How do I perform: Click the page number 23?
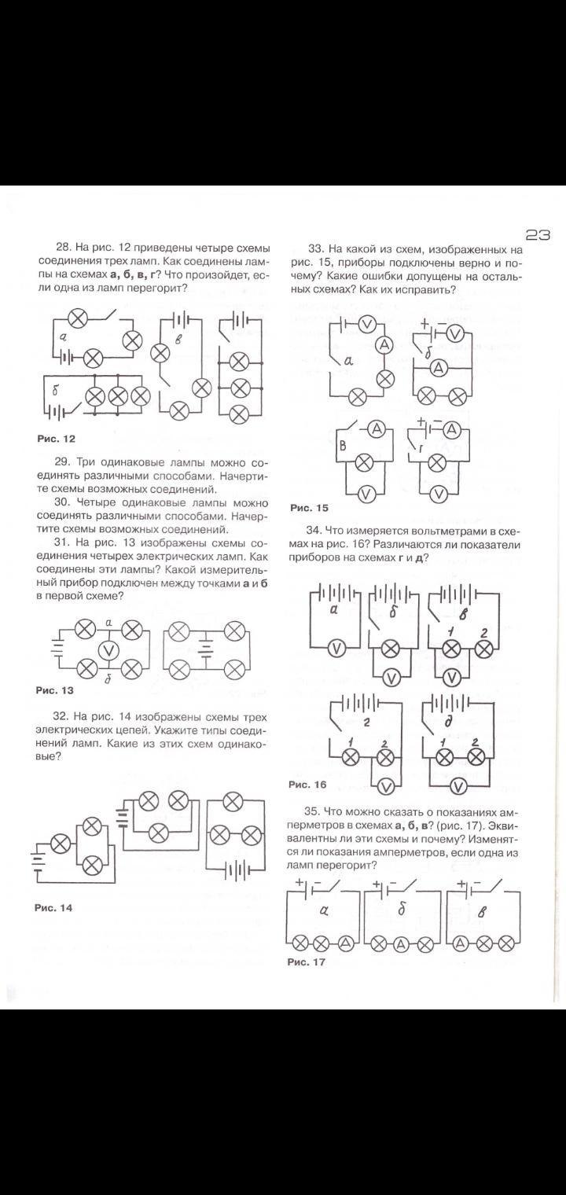tap(537, 234)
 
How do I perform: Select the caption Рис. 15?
tap(309, 508)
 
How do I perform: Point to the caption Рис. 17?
tap(307, 962)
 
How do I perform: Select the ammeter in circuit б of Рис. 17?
tap(402, 943)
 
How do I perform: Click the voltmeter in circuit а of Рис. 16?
tap(336, 648)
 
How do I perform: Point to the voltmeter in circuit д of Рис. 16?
tap(460, 786)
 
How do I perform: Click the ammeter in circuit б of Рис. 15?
tap(439, 366)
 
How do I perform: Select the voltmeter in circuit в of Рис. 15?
tap(364, 494)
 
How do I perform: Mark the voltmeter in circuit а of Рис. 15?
tap(366, 324)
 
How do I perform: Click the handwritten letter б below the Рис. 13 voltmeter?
tap(108, 678)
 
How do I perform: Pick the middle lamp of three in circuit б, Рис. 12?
tap(118, 396)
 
